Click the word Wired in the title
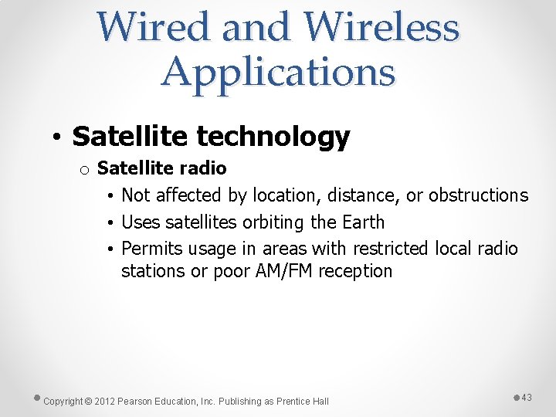point(154,27)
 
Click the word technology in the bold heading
point(273,137)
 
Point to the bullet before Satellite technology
point(57,137)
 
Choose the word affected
point(189,195)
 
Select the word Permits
point(150,249)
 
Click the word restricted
point(390,249)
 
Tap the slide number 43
point(527,397)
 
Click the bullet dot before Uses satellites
point(112,223)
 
